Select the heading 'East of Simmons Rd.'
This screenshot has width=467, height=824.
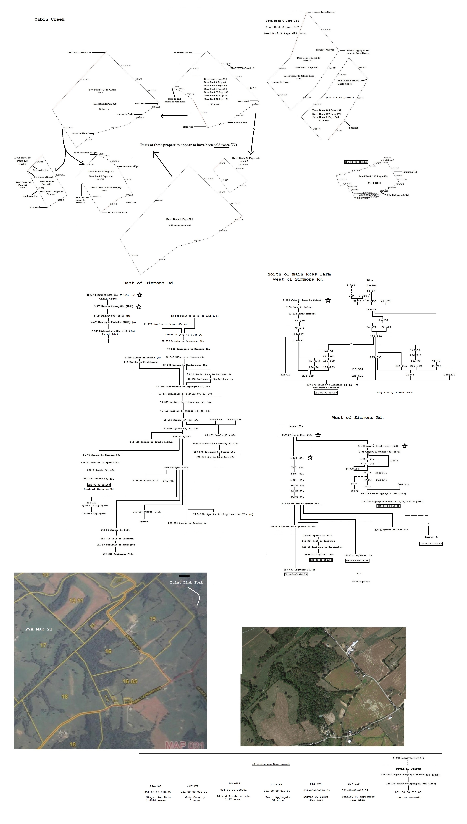pyautogui.click(x=149, y=283)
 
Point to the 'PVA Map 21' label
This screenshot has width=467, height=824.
pyautogui.click(x=39, y=629)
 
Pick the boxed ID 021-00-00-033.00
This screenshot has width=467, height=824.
pyautogui.click(x=326, y=392)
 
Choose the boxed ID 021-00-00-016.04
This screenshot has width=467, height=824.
pyautogui.click(x=431, y=543)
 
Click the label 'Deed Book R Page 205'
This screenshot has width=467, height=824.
pyautogui.click(x=179, y=219)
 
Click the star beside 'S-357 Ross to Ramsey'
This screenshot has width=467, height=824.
pyautogui.click(x=139, y=307)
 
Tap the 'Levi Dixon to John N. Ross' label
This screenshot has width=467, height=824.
pyautogui.click(x=102, y=90)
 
